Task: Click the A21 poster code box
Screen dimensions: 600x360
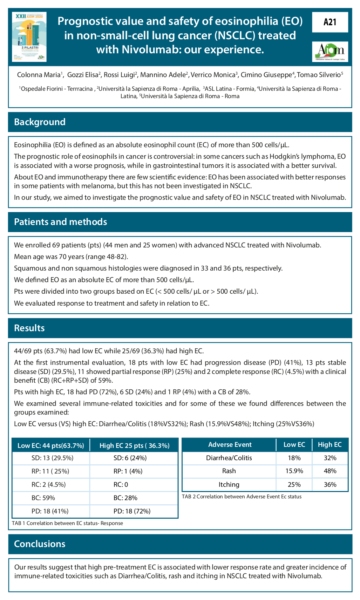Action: (330, 22)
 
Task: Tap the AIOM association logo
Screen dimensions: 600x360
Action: (330, 52)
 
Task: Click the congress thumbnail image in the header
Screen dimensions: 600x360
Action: (29, 37)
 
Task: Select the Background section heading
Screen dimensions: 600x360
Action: (40, 122)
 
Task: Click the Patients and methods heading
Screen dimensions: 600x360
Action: (60, 222)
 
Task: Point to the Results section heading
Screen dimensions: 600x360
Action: (29, 328)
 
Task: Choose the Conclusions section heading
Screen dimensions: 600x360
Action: (40, 544)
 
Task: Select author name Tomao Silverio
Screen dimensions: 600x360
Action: (319, 75)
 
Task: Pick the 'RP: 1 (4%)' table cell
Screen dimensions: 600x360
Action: (128, 471)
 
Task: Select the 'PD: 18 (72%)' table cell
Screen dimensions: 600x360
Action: (132, 511)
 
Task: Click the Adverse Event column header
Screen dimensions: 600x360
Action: (230, 445)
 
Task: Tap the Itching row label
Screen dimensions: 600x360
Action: (229, 485)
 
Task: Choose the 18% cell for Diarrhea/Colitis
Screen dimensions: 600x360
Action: (294, 458)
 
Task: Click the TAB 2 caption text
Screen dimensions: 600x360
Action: (242, 497)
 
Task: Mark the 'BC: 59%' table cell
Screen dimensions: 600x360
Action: (43, 498)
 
